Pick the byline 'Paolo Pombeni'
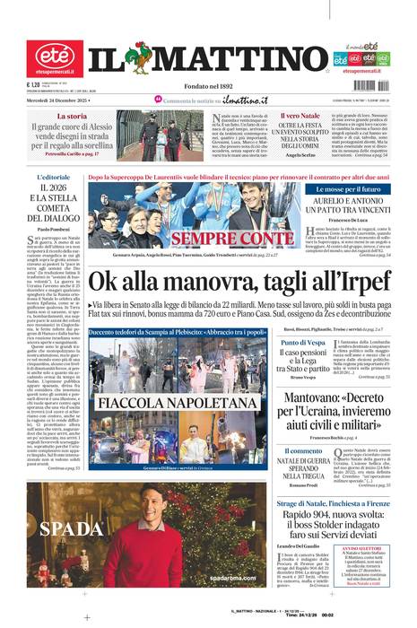(x=56, y=231)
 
